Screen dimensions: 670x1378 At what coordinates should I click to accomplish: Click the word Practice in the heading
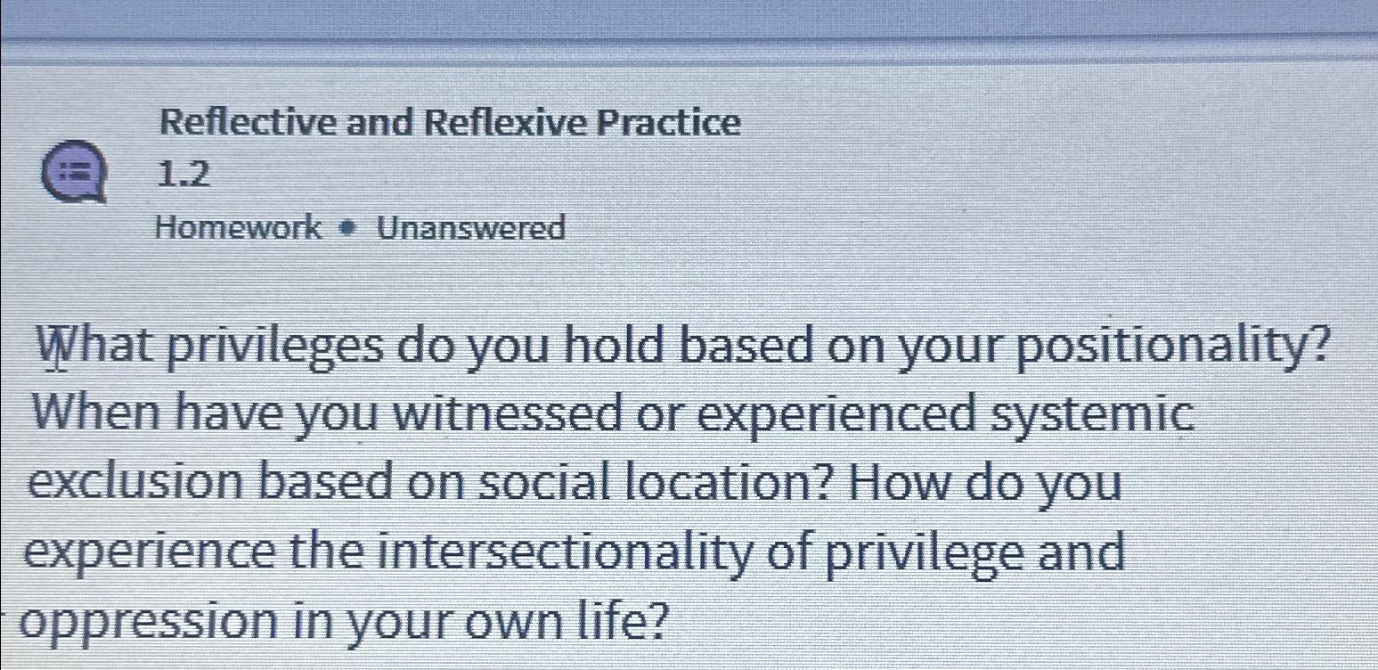tap(668, 123)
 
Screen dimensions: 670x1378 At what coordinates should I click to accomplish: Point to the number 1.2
tap(183, 176)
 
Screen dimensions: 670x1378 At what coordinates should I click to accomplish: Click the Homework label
tap(238, 228)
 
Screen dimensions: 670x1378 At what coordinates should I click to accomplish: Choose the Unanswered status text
tap(470, 229)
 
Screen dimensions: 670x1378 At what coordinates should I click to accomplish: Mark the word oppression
tap(143, 621)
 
